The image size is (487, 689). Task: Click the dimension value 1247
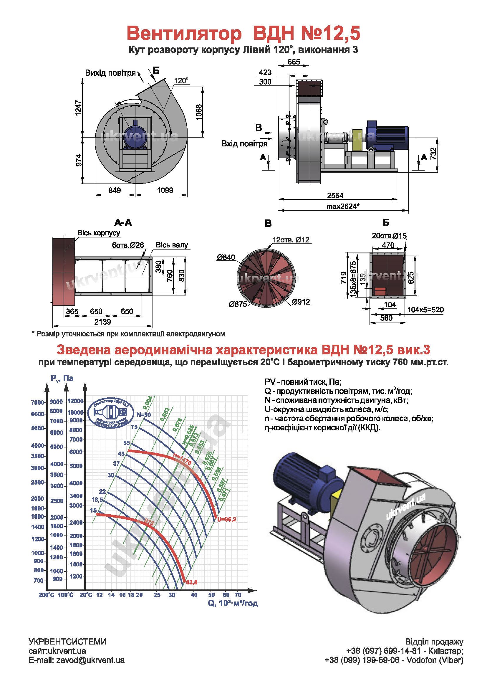coord(78,108)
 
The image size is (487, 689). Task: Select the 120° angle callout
coord(181,81)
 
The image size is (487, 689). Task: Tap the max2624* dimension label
coord(343,206)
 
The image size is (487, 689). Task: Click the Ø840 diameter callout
coord(226,257)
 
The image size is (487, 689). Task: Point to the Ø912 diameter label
coord(301,302)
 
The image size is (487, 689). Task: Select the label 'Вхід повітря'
coord(244,144)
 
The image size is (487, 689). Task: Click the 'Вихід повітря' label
coord(110,73)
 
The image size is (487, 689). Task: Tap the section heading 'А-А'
coord(123,223)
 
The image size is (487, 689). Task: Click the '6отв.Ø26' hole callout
coord(128,245)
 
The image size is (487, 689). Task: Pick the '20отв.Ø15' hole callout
coord(389,236)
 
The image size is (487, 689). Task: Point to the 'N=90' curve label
coord(144,415)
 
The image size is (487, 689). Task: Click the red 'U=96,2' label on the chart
coord(227,519)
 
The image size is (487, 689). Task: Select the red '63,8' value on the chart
coord(192,582)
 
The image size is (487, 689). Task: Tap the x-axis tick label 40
coord(194,595)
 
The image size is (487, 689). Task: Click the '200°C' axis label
coord(47,595)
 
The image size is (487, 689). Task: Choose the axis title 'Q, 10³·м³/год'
coord(233,603)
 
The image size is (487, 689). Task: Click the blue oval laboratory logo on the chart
coord(111,413)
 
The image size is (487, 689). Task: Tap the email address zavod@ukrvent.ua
coord(90,660)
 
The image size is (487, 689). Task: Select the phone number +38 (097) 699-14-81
coord(383,651)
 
